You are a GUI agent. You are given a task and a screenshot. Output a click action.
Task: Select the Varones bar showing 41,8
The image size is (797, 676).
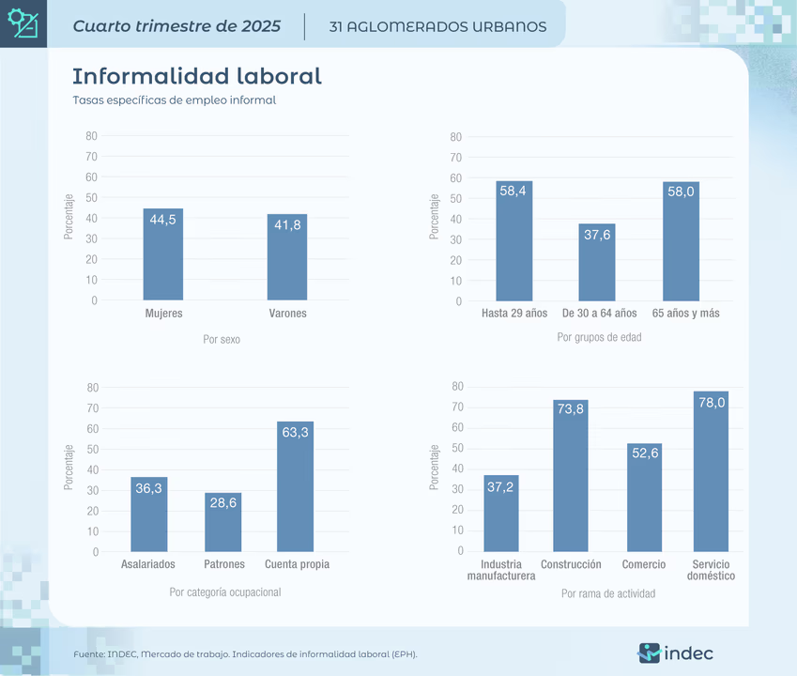pyautogui.click(x=287, y=263)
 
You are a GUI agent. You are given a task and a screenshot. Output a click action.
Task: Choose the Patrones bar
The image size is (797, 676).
pyautogui.click(x=223, y=524)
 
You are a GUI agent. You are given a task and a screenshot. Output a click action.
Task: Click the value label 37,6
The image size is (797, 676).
pyautogui.click(x=597, y=235)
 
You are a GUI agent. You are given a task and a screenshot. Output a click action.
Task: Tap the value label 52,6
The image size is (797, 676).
pyautogui.click(x=645, y=453)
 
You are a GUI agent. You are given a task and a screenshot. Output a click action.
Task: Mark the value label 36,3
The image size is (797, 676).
pyautogui.click(x=148, y=488)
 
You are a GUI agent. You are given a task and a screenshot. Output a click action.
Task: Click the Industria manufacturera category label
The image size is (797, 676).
pyautogui.click(x=501, y=570)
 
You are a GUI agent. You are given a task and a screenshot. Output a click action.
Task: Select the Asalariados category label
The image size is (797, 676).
pyautogui.click(x=148, y=564)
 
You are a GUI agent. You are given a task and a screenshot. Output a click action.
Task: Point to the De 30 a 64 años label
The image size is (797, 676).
pyautogui.click(x=599, y=313)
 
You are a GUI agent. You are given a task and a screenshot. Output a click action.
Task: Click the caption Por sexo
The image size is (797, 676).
pyautogui.click(x=222, y=339)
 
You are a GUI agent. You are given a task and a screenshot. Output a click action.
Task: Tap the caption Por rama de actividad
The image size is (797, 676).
pyautogui.click(x=608, y=593)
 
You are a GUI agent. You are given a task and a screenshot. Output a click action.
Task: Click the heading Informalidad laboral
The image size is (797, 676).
pyautogui.click(x=197, y=76)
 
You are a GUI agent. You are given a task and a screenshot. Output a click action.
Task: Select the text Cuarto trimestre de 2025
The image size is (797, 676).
pyautogui.click(x=176, y=26)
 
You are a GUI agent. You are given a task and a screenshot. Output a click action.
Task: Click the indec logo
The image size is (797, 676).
pyautogui.click(x=675, y=653)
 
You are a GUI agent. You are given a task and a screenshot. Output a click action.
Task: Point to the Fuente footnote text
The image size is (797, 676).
pyautogui.click(x=246, y=653)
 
